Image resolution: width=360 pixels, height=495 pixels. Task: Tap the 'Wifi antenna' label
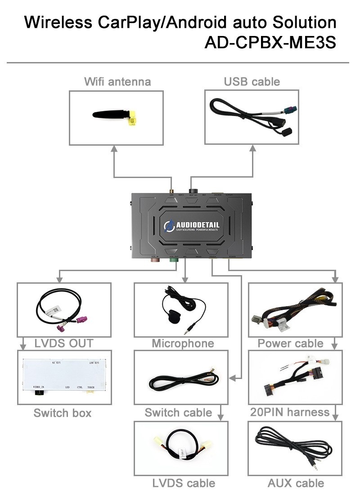coord(117,81)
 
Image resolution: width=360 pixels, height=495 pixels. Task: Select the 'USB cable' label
coord(252,81)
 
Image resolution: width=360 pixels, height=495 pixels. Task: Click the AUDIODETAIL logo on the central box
coord(196,225)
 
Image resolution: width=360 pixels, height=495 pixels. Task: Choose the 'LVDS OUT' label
coord(64,343)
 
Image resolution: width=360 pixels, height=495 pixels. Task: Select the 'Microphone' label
coord(183,343)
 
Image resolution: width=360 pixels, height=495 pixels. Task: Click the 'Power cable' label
coord(290,343)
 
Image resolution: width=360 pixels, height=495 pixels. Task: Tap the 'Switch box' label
coord(63,413)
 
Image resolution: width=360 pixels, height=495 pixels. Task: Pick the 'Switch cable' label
coord(178,413)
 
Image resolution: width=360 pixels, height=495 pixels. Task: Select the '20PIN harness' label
coord(290,412)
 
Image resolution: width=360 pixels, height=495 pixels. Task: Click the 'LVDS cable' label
coord(183,483)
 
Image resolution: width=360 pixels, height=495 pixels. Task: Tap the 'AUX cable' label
coord(296,483)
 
